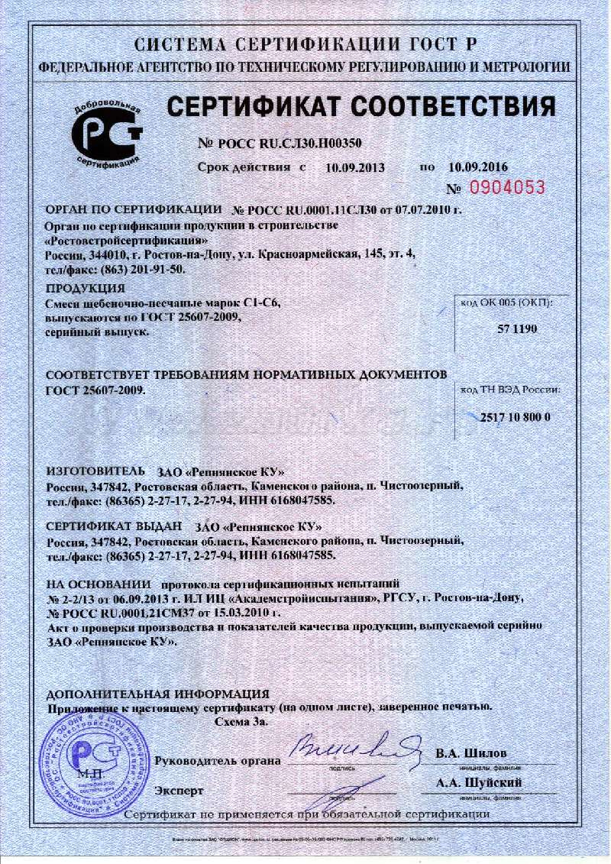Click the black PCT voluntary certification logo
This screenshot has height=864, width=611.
click(x=107, y=134)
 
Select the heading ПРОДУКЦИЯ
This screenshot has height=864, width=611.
click(x=86, y=288)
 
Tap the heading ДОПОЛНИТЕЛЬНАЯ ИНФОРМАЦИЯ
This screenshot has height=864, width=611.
click(x=158, y=694)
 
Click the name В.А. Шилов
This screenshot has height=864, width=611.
click(x=471, y=754)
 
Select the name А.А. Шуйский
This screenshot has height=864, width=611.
click(x=479, y=783)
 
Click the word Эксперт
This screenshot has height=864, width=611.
click(x=179, y=788)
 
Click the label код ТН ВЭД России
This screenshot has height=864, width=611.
click(x=510, y=389)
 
